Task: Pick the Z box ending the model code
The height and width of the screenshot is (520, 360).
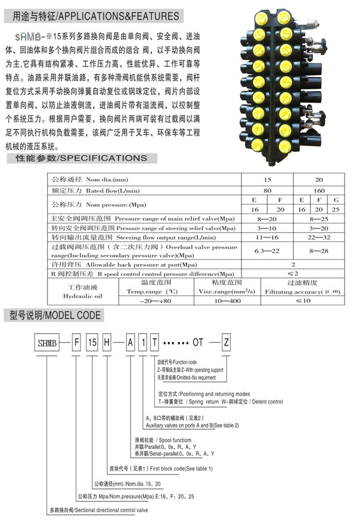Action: coord(226,342)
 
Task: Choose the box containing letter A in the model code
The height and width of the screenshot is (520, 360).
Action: coord(131,342)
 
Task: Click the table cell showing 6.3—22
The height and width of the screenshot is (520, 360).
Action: coord(266,251)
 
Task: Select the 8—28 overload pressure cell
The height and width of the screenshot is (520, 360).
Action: coord(320,251)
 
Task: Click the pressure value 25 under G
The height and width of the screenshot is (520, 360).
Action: coord(336,209)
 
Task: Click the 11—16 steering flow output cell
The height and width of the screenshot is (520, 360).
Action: coord(266,237)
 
